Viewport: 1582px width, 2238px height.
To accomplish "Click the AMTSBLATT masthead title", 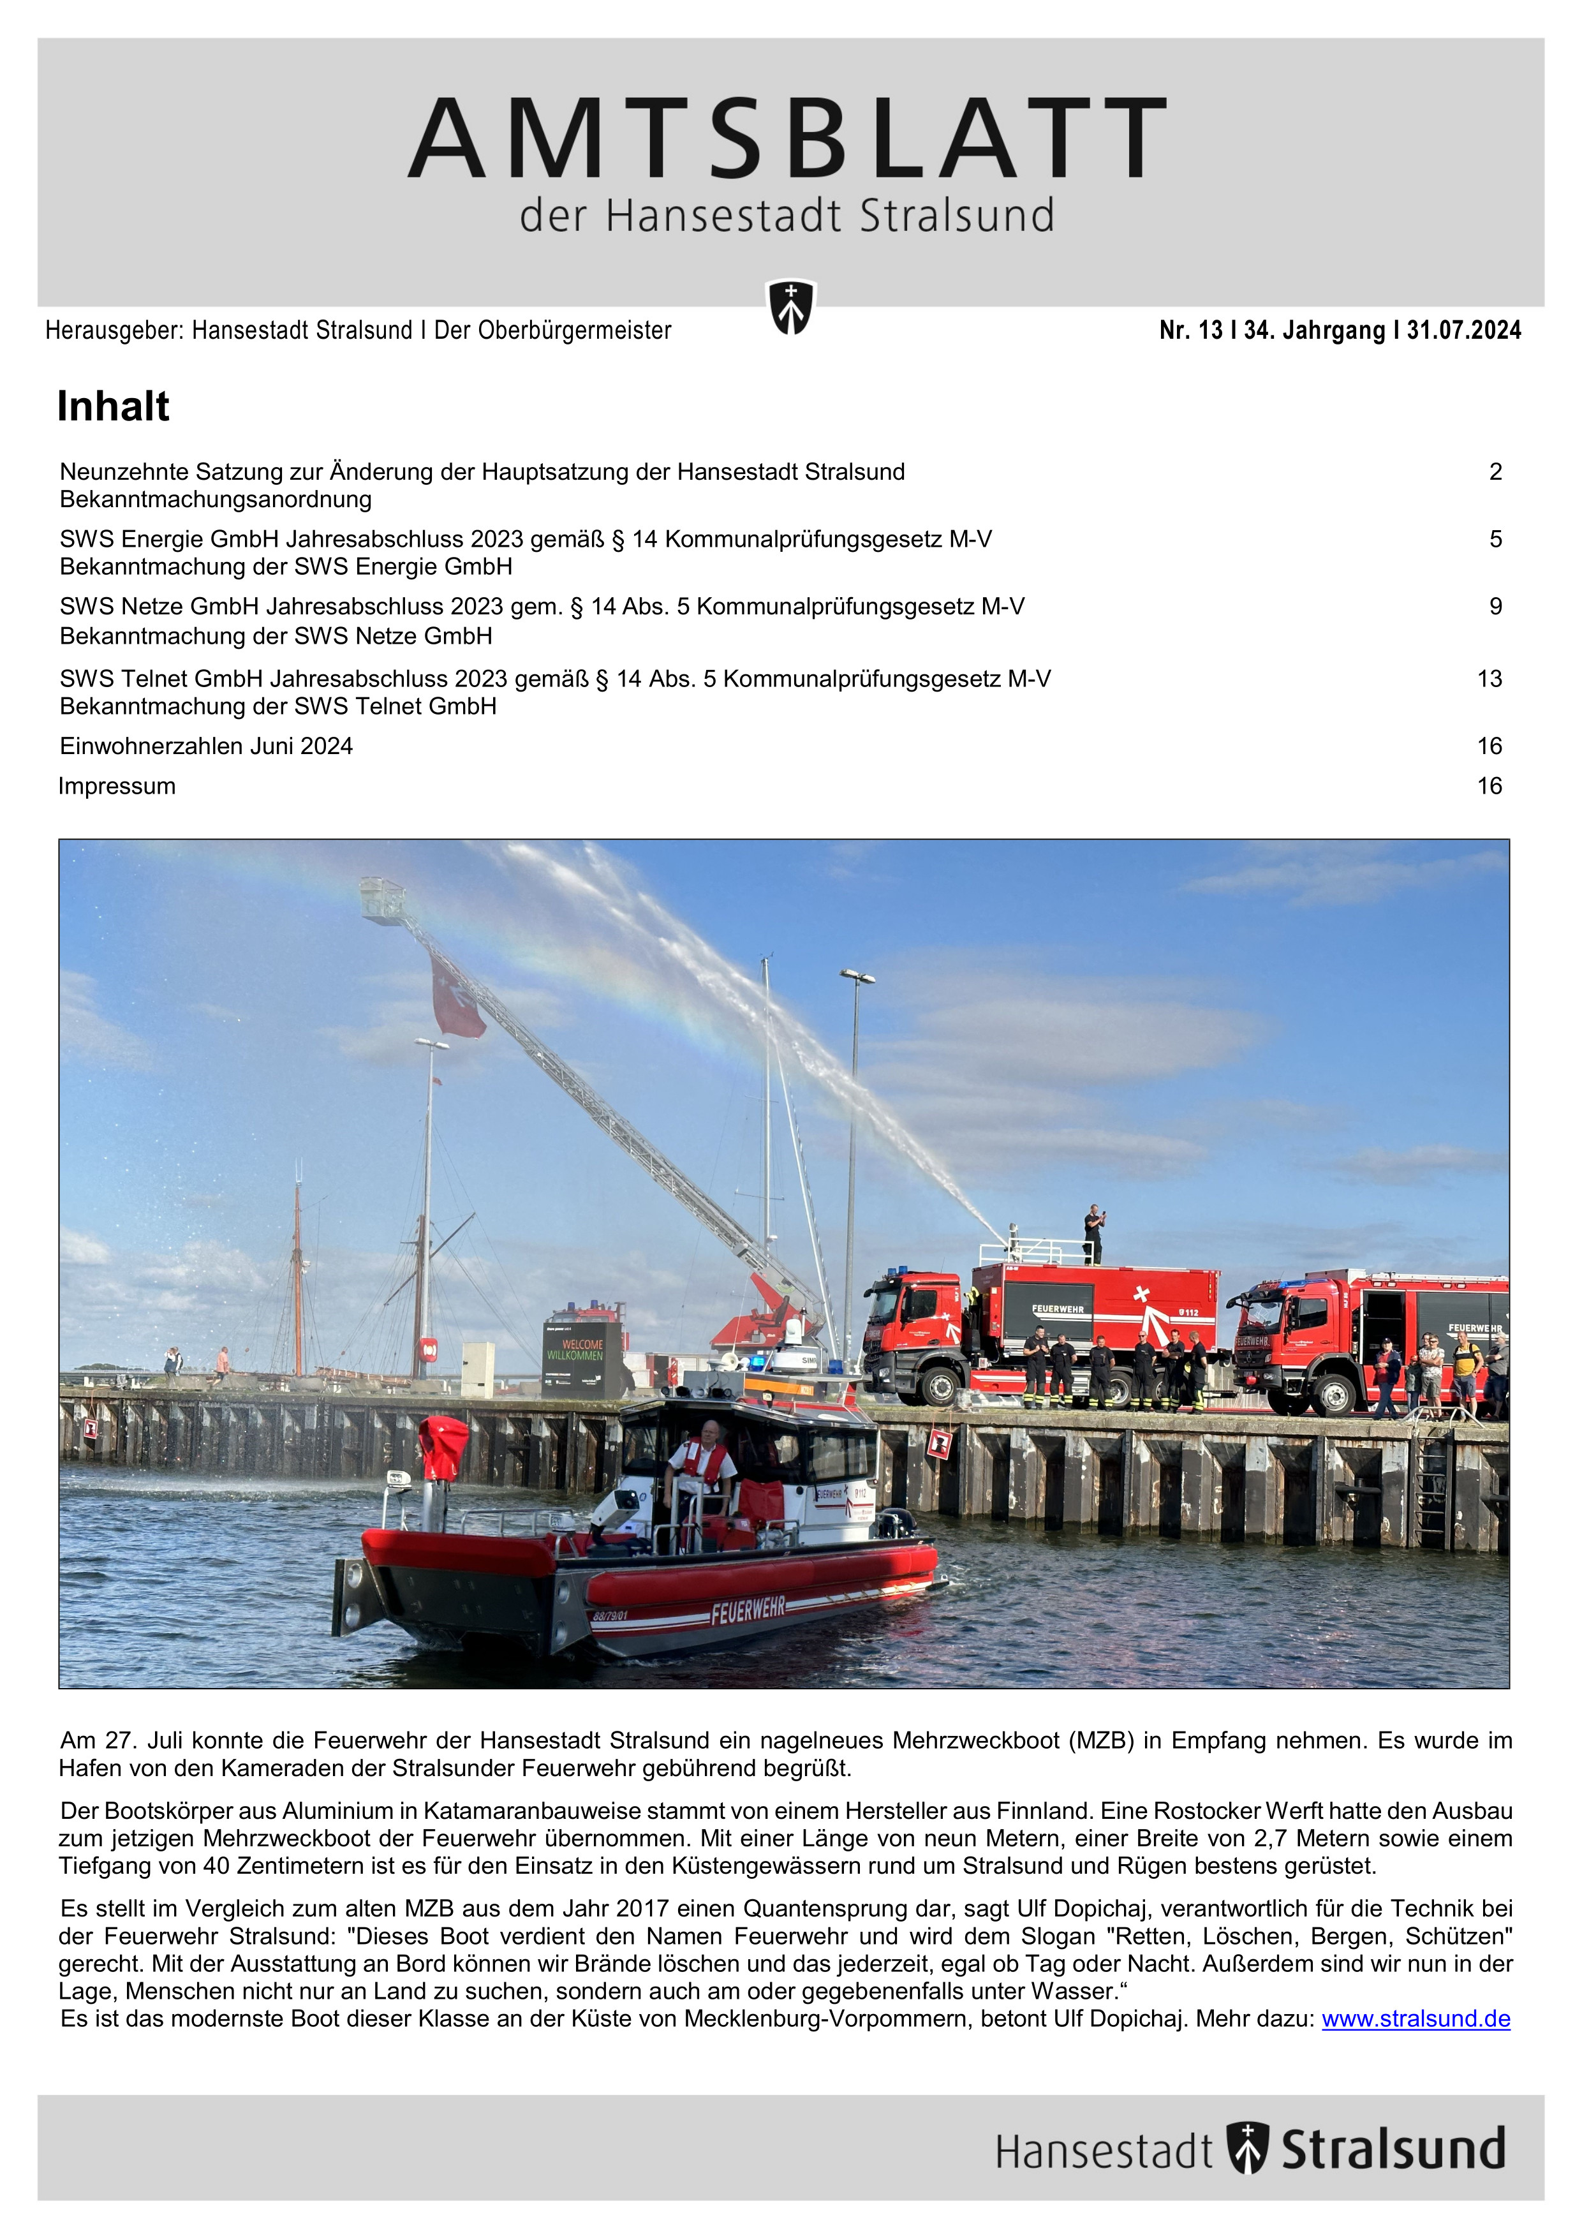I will (x=788, y=138).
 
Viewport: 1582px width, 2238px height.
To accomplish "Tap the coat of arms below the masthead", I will (x=790, y=307).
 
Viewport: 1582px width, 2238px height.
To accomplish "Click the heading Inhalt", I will (x=113, y=406).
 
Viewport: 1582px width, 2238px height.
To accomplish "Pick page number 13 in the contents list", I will (x=1488, y=678).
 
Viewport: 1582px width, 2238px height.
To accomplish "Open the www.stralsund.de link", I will (x=1416, y=2019).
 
